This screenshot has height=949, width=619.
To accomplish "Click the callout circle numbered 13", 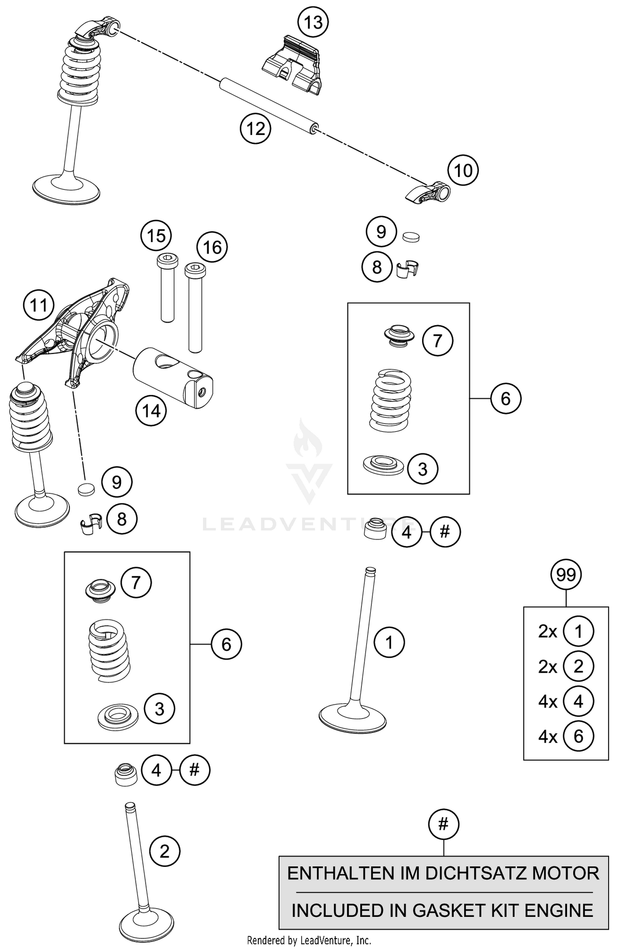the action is click(x=313, y=22).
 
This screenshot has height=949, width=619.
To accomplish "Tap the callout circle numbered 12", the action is click(x=255, y=129).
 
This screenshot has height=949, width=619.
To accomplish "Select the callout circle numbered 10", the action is click(x=463, y=170).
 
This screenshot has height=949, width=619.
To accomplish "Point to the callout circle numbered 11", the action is click(x=39, y=306).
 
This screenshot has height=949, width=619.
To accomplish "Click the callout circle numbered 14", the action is click(x=151, y=411).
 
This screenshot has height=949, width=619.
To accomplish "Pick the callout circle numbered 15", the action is click(x=156, y=236).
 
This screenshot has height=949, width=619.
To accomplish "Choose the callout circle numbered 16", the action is click(x=212, y=247).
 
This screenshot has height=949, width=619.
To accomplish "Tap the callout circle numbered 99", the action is click(x=566, y=575).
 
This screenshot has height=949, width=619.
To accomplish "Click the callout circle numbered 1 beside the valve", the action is click(x=389, y=642).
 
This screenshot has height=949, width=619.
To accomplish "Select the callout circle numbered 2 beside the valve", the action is click(x=164, y=852).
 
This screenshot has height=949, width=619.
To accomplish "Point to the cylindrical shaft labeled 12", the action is click(x=268, y=105).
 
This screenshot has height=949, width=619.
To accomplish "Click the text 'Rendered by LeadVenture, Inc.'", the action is click(x=309, y=940).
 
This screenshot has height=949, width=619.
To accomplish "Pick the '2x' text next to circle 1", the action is click(x=548, y=631).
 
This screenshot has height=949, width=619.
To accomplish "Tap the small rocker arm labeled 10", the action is click(x=427, y=193).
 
